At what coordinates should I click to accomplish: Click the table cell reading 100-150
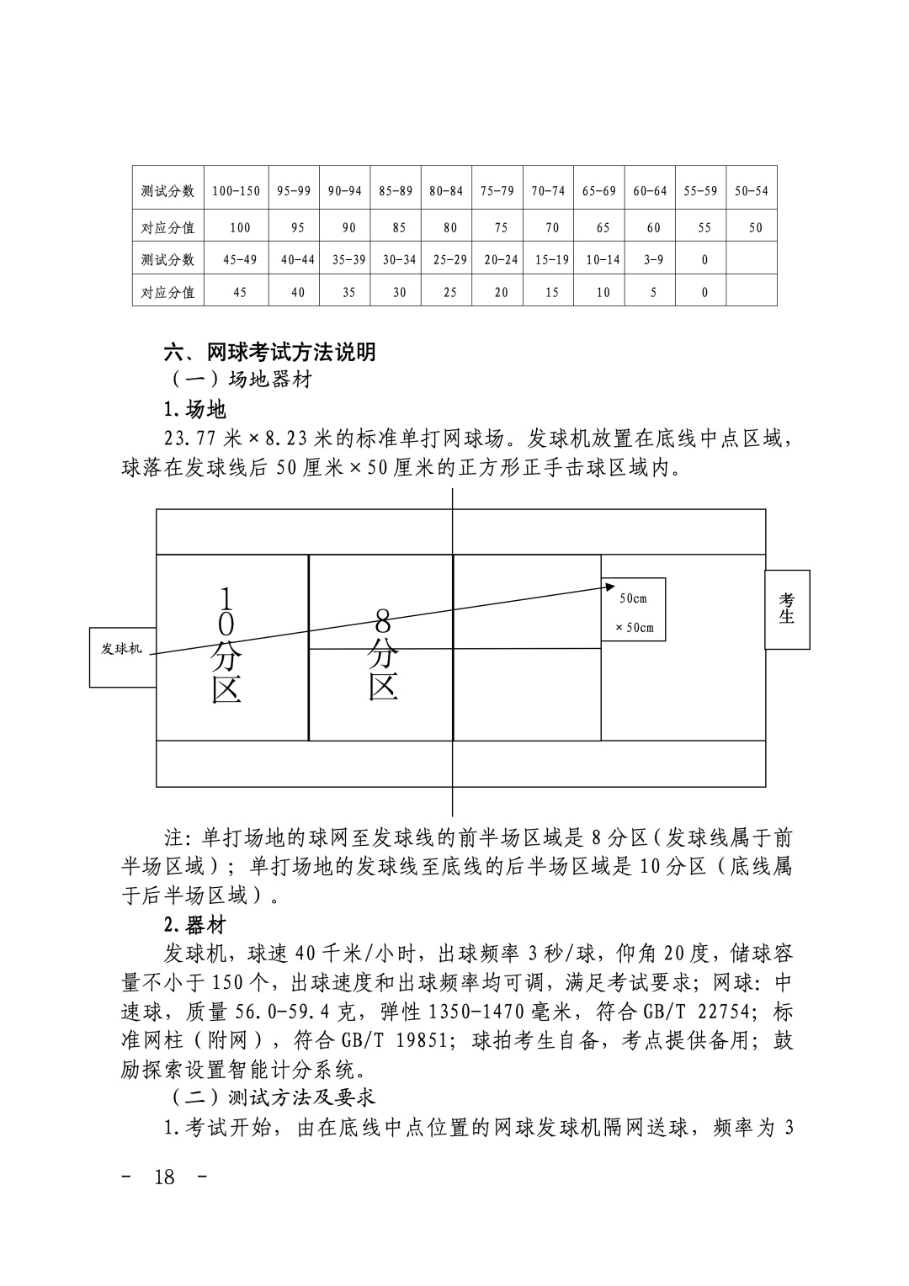tap(236, 191)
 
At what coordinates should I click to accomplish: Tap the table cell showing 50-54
tap(751, 191)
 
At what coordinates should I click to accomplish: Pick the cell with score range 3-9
tap(653, 260)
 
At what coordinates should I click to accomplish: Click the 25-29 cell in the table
tap(450, 260)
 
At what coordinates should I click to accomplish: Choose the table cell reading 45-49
tap(239, 260)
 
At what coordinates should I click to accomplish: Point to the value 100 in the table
tap(239, 227)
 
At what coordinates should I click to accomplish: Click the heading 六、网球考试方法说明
tap(269, 352)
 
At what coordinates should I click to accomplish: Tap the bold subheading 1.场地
tap(194, 410)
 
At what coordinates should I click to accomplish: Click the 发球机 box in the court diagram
tap(123, 649)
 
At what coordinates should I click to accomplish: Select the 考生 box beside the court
tap(787, 609)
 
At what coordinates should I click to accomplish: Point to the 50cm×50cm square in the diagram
tap(634, 610)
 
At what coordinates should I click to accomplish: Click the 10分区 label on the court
tap(226, 646)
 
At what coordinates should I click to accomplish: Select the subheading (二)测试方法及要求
tap(273, 1097)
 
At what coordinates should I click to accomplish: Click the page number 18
tap(165, 1177)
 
